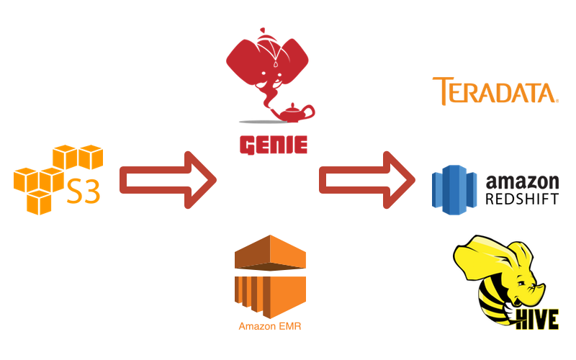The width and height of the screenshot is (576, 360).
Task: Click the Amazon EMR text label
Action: [x=271, y=326]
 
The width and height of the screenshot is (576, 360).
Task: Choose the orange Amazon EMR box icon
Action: [x=271, y=277]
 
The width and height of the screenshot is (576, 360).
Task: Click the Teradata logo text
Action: [x=495, y=91]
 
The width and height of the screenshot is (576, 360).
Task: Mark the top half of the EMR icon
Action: [x=271, y=256]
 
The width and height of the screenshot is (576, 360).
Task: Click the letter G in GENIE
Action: [x=247, y=144]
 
